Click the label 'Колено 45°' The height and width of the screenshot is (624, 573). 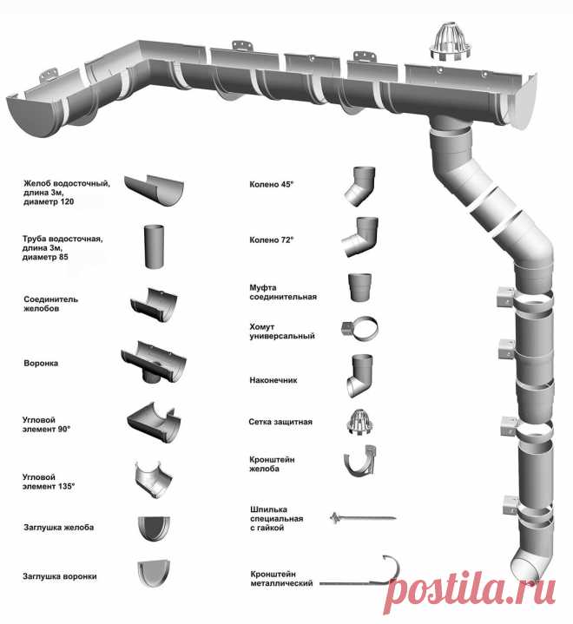[x=271, y=185]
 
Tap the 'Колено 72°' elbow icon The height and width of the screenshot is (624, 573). [x=359, y=237]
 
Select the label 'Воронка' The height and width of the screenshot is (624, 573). [x=41, y=364]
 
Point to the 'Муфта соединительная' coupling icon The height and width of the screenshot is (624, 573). [x=359, y=287]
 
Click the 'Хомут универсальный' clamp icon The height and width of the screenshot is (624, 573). [x=359, y=329]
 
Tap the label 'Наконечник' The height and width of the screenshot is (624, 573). [x=273, y=380]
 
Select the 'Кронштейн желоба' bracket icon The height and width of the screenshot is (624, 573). [x=360, y=461]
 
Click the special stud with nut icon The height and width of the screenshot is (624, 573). [x=363, y=518]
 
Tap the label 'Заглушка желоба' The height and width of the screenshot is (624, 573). [x=58, y=528]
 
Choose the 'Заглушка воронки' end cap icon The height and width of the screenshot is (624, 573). [x=154, y=574]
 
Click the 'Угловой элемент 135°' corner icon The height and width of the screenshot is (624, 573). [x=154, y=480]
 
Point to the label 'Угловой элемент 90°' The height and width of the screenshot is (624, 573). [x=46, y=424]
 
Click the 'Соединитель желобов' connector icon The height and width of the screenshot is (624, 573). [x=154, y=305]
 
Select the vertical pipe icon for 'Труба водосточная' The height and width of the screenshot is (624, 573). [x=154, y=246]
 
